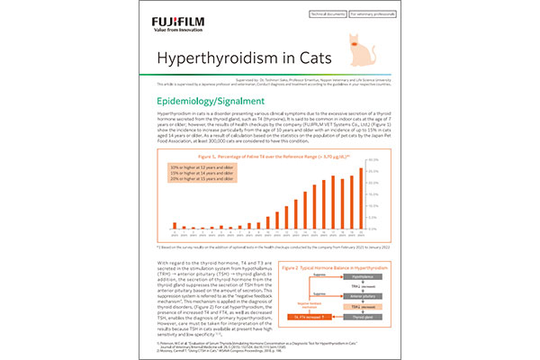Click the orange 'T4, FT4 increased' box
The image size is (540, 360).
click(x=310, y=317)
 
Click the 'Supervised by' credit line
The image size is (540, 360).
click(x=270, y=80)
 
